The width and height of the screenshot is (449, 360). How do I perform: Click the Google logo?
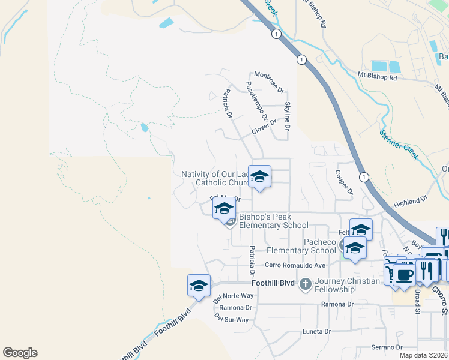(20, 353)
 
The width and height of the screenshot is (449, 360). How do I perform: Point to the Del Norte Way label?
(234, 296)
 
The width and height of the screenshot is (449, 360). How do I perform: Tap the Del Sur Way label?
(231, 320)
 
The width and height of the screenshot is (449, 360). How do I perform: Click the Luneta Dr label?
(316, 331)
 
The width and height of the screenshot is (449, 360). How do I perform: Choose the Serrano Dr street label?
(386, 347)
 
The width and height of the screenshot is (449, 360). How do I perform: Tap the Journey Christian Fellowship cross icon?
(305, 283)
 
